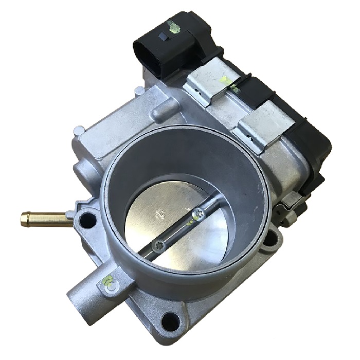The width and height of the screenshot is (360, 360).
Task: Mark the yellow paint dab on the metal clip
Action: point(225,80)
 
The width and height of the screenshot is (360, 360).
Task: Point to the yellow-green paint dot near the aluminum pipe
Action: point(107,281)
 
